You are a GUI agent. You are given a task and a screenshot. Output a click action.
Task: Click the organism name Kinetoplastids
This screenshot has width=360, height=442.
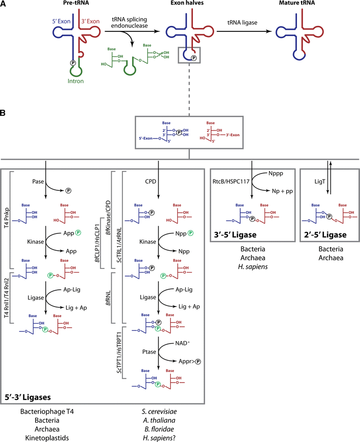[51, 437]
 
